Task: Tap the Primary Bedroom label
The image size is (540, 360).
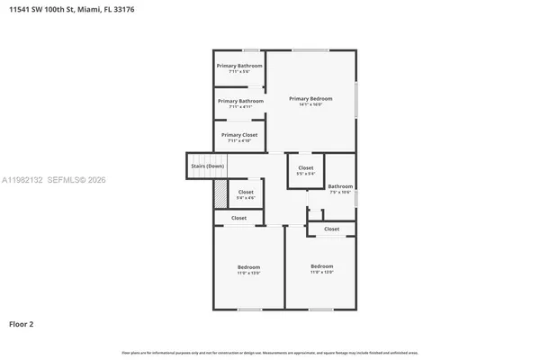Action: point(310,98)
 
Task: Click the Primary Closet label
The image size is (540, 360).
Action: point(239,135)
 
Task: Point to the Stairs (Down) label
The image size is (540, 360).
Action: point(207,166)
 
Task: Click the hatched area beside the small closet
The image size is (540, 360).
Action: point(220,195)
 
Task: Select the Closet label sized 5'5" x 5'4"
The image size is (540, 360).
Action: point(306,168)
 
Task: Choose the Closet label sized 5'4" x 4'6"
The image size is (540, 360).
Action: point(246,193)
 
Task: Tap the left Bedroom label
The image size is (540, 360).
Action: point(248,267)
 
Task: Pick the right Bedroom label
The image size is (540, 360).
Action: point(321,265)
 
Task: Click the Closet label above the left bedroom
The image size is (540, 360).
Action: point(238,218)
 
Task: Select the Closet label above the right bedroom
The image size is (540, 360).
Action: point(331,229)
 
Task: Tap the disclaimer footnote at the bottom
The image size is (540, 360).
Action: point(270,352)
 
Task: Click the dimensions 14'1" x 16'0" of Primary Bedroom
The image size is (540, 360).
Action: point(310,104)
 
